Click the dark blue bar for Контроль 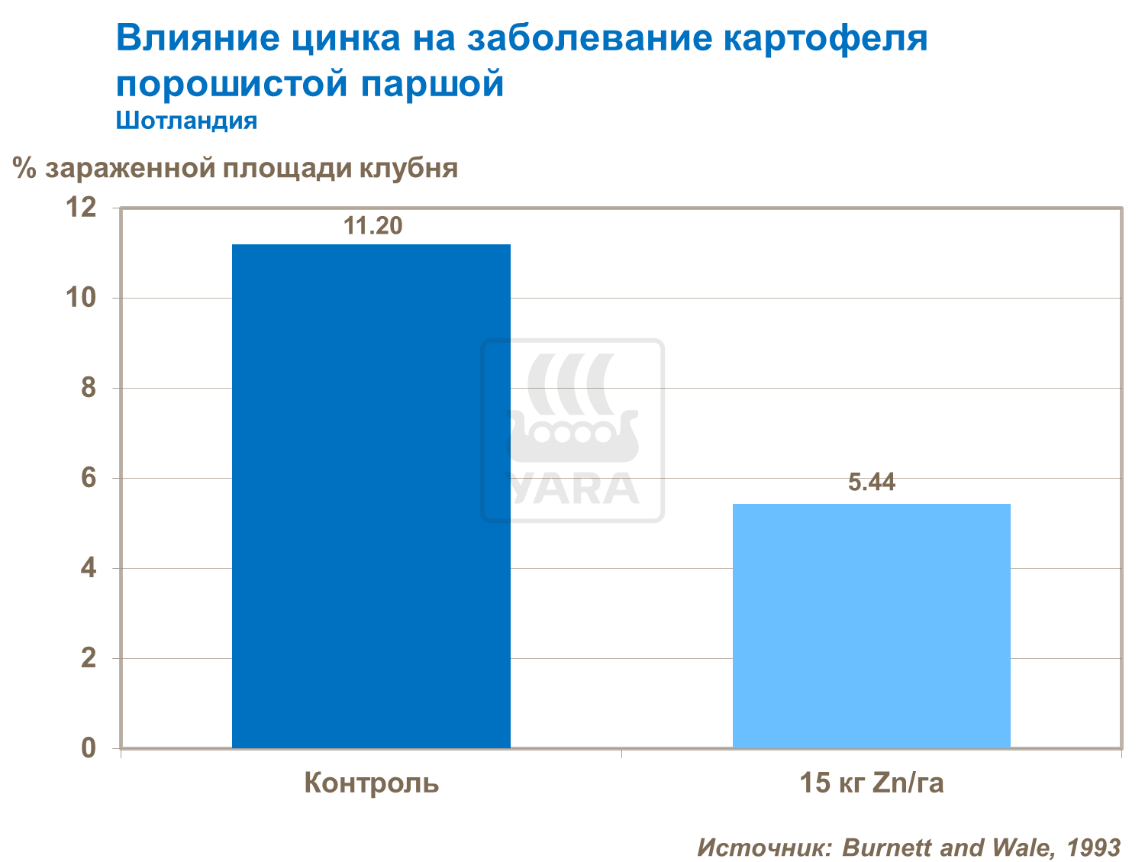(x=371, y=496)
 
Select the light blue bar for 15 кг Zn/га (x=871, y=625)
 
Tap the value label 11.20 (x=373, y=226)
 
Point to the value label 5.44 (x=872, y=483)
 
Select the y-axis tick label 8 (x=89, y=388)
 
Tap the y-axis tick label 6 (x=89, y=478)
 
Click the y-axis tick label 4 (x=89, y=568)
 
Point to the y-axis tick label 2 (x=89, y=658)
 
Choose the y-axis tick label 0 (x=89, y=748)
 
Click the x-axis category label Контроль (x=372, y=783)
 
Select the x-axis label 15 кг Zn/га (x=871, y=783)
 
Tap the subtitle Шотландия (x=186, y=121)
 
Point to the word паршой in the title (x=432, y=83)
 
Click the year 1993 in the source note (x=1093, y=847)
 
